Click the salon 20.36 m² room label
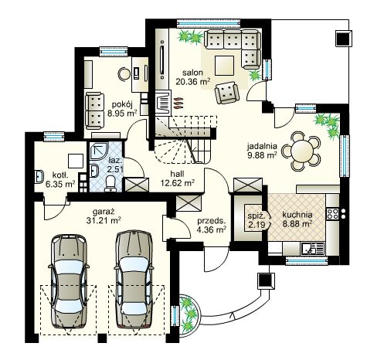coord(193,77)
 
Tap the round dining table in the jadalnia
coord(302,151)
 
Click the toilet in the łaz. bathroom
coord(111,184)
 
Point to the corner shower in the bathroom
coord(99,151)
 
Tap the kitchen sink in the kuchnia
coord(312,249)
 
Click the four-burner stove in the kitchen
coord(332,213)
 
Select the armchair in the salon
coord(227,93)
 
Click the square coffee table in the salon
coord(224,66)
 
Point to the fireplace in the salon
coord(162,103)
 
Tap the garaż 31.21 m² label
coord(104,216)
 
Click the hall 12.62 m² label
coord(177,178)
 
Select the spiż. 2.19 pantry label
coord(257,220)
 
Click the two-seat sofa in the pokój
coord(95,110)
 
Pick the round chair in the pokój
coord(124,74)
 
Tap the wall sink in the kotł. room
coord(39,176)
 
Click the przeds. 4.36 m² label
coord(212,225)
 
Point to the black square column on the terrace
coord(344,39)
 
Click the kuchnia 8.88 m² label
coord(297,219)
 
